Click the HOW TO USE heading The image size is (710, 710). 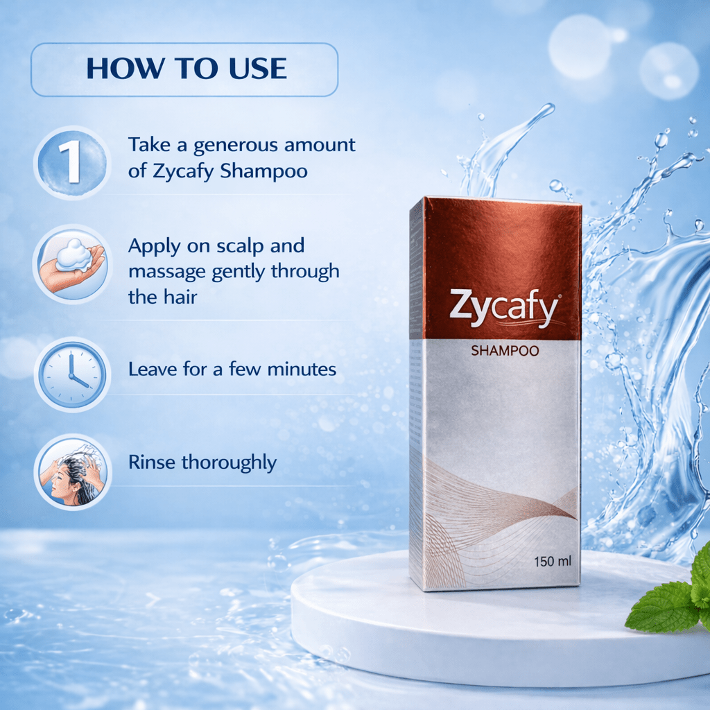[x=185, y=69]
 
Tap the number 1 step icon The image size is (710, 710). [x=71, y=162]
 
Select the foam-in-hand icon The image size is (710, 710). [x=71, y=264]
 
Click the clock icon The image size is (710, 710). [x=71, y=374]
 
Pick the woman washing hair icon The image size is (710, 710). [x=71, y=471]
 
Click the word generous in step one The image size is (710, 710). [x=234, y=146]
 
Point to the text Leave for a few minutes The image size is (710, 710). [x=232, y=369]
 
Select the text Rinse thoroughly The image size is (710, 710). [x=202, y=462]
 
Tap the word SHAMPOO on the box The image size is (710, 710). [x=505, y=351]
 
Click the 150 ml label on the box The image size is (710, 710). [x=553, y=561]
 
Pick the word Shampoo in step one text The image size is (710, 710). [x=263, y=171]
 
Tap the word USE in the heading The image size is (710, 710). [x=255, y=69]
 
